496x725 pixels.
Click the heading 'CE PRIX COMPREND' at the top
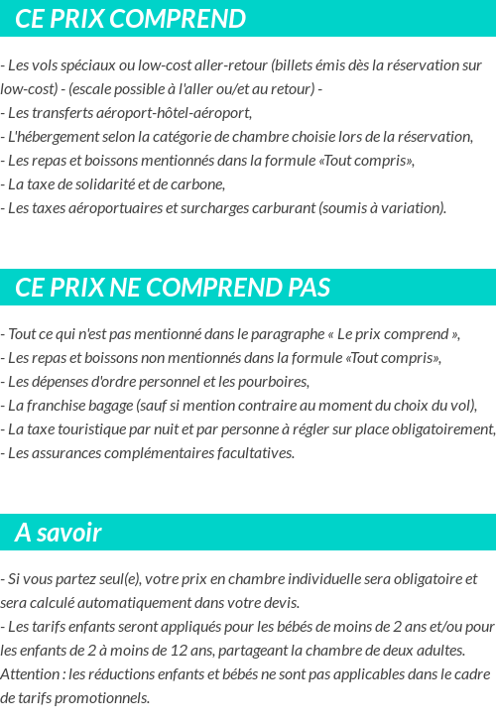click(130, 19)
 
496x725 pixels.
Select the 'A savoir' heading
click(59, 533)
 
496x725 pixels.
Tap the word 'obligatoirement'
click(441, 429)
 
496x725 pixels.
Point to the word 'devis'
click(278, 603)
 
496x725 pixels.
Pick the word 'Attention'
click(30, 674)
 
